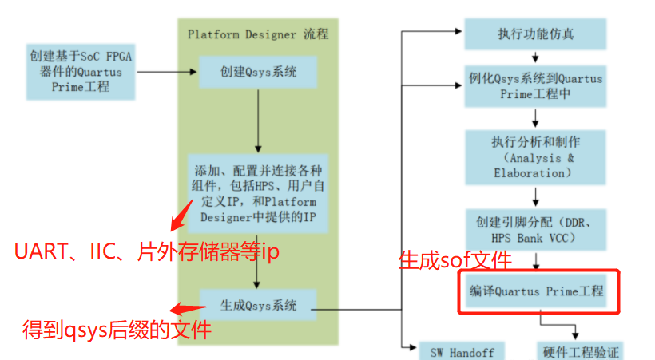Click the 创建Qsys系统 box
[x=258, y=72]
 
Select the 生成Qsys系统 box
[x=258, y=305]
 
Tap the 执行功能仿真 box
[x=535, y=35]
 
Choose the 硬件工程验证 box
[x=578, y=352]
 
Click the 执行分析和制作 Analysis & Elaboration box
[x=535, y=157]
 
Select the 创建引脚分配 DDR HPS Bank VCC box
[x=535, y=227]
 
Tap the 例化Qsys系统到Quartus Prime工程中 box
[x=535, y=86]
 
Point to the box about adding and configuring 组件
[x=258, y=192]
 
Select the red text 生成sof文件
[x=455, y=260]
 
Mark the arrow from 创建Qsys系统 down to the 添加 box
[x=258, y=120]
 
